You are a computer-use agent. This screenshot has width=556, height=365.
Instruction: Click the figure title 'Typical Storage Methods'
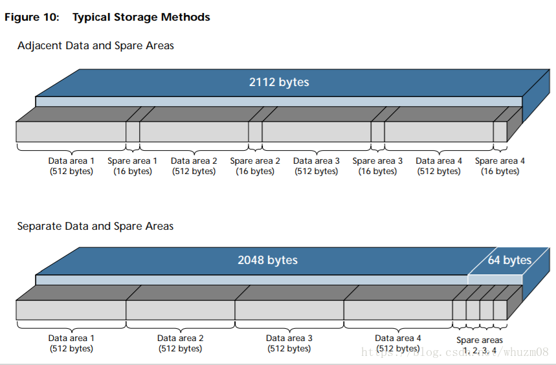(141, 17)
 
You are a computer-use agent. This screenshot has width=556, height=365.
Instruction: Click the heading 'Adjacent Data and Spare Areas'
(96, 46)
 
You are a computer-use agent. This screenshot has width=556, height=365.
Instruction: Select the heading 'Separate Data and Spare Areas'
(95, 226)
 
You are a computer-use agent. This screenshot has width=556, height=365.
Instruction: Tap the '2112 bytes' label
(279, 82)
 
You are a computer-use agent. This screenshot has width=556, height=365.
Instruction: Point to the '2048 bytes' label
(268, 260)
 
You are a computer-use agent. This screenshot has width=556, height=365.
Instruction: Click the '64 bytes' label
(509, 260)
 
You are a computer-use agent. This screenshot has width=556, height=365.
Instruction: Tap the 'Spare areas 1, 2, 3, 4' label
(480, 346)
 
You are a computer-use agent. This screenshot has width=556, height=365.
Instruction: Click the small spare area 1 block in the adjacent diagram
(133, 131)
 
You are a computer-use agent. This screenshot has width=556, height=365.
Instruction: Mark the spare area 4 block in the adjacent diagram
(500, 131)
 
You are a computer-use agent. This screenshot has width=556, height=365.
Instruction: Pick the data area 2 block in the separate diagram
(181, 310)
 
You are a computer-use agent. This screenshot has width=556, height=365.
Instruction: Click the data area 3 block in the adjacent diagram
(317, 131)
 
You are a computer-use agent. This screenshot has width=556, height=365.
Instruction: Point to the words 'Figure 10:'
(32, 17)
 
